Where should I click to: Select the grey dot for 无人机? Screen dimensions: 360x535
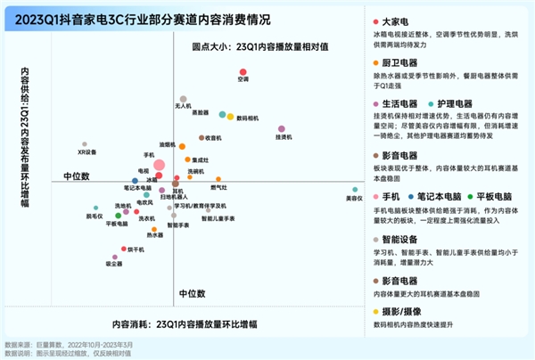(183, 99)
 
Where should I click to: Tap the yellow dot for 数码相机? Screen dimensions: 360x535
(231, 116)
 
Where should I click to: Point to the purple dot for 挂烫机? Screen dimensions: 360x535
(282, 129)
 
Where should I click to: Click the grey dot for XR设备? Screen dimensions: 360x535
(86, 143)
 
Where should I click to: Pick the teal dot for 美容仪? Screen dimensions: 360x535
(354, 190)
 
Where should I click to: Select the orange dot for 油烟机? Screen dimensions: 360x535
(181, 144)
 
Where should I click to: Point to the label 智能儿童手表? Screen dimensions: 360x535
(218, 218)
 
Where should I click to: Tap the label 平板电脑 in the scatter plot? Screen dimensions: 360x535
(118, 224)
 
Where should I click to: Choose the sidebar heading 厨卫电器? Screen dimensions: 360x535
(399, 63)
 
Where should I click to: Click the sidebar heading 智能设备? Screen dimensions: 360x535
(399, 239)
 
